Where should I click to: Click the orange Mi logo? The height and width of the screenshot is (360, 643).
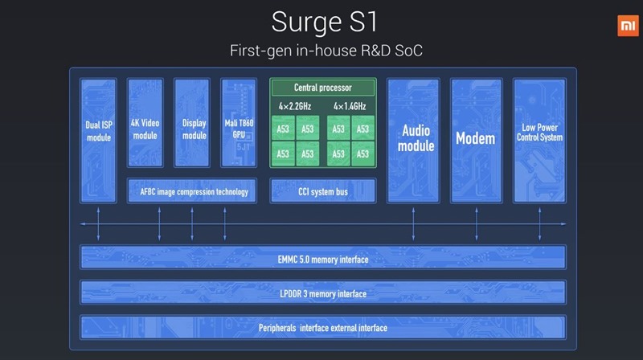coord(628,26)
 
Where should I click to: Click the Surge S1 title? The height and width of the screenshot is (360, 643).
coord(325,22)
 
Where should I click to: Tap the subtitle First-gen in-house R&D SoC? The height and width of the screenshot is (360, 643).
coord(326,51)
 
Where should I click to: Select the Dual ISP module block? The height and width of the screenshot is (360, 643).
coord(98,141)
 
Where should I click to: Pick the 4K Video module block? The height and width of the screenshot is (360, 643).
coord(145,123)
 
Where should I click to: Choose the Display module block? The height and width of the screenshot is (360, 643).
coord(192,123)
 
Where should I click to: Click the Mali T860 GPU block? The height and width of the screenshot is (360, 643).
coord(239,123)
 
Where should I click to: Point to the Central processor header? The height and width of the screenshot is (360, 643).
coord(323,88)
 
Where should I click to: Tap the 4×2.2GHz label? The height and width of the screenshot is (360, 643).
coord(295,107)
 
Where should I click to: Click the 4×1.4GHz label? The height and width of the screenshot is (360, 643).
coord(350,107)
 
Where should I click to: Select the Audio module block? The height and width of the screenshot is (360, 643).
coord(413,141)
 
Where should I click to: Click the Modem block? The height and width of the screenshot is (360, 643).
coord(476,141)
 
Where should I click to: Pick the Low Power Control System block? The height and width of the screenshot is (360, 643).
coord(539,141)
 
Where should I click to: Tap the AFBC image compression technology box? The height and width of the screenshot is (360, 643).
coord(192,190)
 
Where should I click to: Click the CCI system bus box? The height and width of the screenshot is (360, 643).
coord(323,190)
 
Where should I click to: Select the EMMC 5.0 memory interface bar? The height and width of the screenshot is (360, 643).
coord(323,257)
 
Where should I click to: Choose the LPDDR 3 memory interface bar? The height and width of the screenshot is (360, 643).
coord(323,292)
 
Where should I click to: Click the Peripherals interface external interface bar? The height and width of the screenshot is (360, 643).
coord(323,327)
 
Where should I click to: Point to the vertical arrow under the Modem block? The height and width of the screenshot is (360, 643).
coord(477,224)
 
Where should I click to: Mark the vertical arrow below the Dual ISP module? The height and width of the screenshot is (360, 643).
coord(98,224)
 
